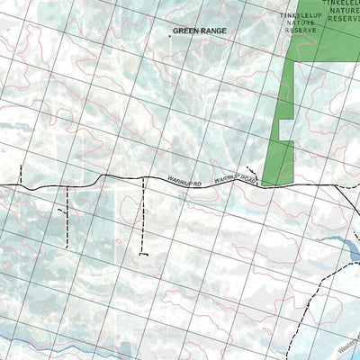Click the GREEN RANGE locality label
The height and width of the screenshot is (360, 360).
coord(200,31)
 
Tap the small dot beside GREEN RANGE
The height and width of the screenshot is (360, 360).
coord(168,37)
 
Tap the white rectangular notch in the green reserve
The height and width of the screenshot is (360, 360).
coord(287,130)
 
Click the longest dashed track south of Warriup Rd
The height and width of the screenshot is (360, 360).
coord(142,216)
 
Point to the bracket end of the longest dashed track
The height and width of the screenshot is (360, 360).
coord(142,254)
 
